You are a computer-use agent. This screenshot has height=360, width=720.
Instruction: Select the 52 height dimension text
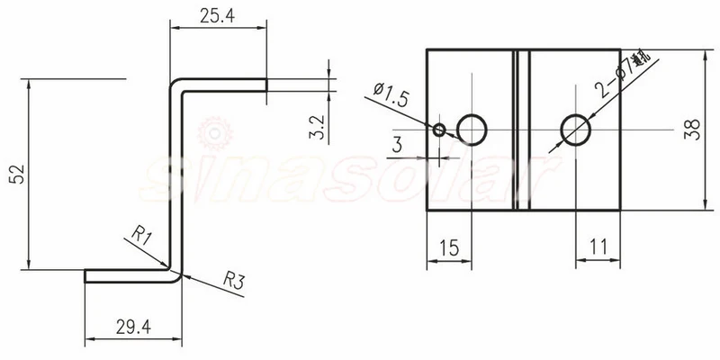coord(15,175)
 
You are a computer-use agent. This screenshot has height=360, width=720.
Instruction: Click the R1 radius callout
coord(140,237)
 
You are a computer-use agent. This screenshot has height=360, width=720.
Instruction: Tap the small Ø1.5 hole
coord(439,130)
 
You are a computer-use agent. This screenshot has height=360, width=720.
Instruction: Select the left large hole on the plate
coord(472,130)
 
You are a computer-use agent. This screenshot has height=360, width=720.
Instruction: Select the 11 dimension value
coord(598,247)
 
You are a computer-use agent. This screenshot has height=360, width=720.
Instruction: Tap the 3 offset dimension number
coord(397,143)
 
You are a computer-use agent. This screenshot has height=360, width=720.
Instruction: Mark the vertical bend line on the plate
coord(521,130)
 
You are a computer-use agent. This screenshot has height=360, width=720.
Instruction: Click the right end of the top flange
coord(266,85)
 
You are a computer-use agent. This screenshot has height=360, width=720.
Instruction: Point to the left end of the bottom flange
coord(86,275)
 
